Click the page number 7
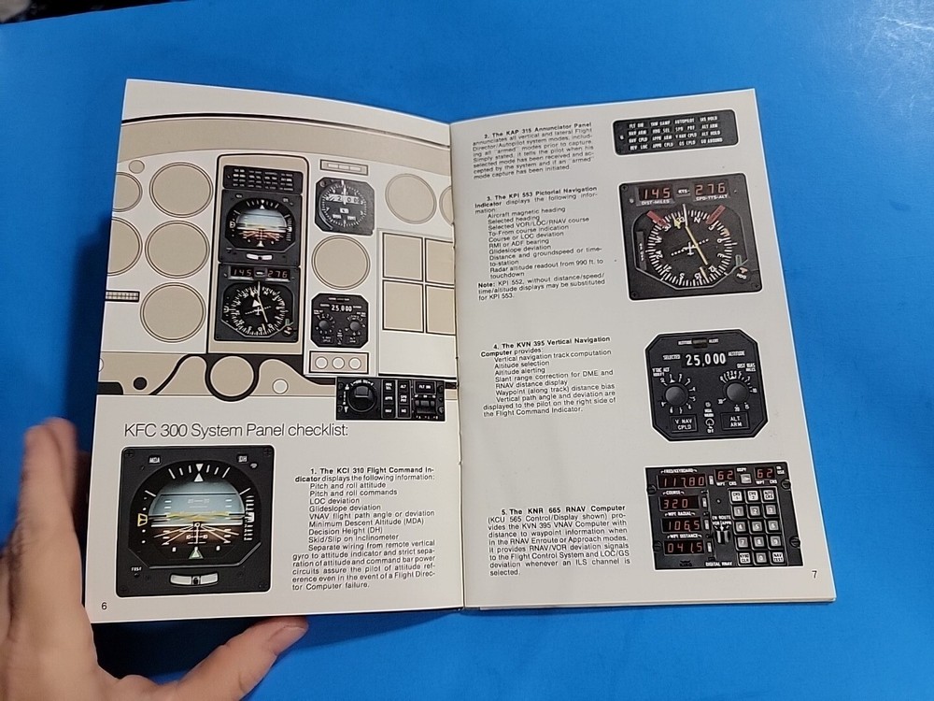tap(814, 574)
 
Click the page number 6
tap(105, 606)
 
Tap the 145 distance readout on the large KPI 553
tap(654, 193)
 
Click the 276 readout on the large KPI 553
tap(711, 191)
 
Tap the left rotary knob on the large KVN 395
tap(676, 393)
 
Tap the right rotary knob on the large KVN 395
tap(736, 392)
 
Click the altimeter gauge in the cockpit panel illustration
tap(345, 204)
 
